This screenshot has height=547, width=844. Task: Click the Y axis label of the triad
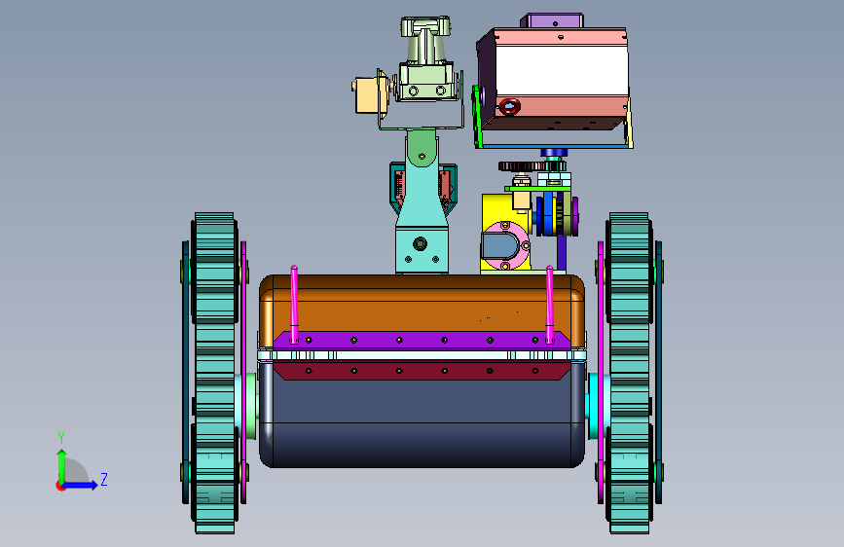tap(61, 437)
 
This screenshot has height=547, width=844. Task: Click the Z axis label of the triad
tap(104, 479)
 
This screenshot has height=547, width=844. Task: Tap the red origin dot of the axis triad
tap(60, 486)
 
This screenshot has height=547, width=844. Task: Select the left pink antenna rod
tap(294, 305)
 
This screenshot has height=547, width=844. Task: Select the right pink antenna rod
tap(550, 305)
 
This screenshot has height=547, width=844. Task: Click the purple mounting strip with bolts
tap(422, 340)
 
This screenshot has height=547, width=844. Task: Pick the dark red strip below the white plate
tap(422, 371)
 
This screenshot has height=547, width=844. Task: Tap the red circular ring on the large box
tap(509, 107)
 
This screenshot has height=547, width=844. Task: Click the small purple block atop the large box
tap(552, 21)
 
